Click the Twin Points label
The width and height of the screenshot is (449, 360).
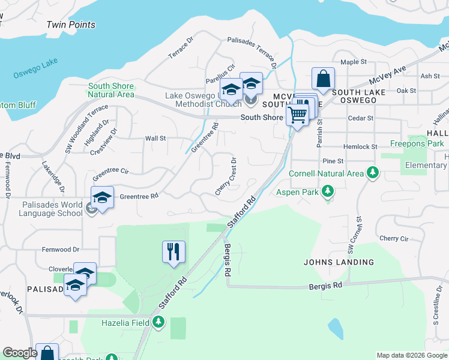pyautogui.click(x=71, y=25)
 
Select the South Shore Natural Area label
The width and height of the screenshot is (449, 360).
pyautogui.click(x=111, y=90)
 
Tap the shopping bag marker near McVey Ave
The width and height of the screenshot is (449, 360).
pyautogui.click(x=323, y=79)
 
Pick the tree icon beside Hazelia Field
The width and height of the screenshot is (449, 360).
pyautogui.click(x=158, y=322)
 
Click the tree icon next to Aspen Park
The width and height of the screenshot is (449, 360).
pyautogui.click(x=327, y=191)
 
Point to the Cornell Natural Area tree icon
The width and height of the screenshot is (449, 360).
pyautogui.click(x=373, y=173)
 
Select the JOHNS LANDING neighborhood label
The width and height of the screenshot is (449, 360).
pyautogui.click(x=339, y=262)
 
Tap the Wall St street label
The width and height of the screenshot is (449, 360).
pyautogui.click(x=155, y=138)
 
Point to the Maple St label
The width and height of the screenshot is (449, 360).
pyautogui.click(x=353, y=62)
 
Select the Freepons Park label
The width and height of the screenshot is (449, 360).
pyautogui.click(x=417, y=143)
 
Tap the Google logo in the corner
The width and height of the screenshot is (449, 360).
pyautogui.click(x=20, y=353)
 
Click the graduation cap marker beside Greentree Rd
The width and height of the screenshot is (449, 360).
pyautogui.click(x=102, y=198)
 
